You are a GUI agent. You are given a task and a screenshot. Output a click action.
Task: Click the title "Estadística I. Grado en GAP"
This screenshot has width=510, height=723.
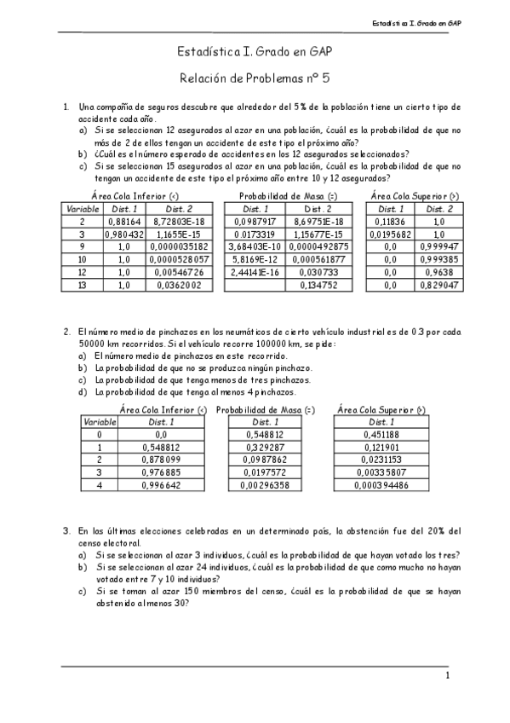coord(255,53)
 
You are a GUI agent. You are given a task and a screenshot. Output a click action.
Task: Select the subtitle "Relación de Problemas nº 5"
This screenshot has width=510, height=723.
coord(255,79)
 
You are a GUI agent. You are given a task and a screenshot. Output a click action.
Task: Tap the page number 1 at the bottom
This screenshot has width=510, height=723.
coord(447,675)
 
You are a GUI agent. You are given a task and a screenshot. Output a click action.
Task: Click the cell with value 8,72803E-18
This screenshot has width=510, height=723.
coord(179,221)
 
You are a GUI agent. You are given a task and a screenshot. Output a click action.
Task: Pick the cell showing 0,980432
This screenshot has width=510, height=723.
coord(124,234)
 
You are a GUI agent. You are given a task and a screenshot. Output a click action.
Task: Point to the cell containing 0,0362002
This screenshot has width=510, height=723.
coord(179,286)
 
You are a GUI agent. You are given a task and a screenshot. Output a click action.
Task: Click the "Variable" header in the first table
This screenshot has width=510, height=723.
coord(83,208)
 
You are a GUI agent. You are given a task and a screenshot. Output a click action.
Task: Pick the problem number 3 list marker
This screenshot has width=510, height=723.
coord(66,531)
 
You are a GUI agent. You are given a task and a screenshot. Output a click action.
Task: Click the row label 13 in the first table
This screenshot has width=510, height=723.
coord(83,286)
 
